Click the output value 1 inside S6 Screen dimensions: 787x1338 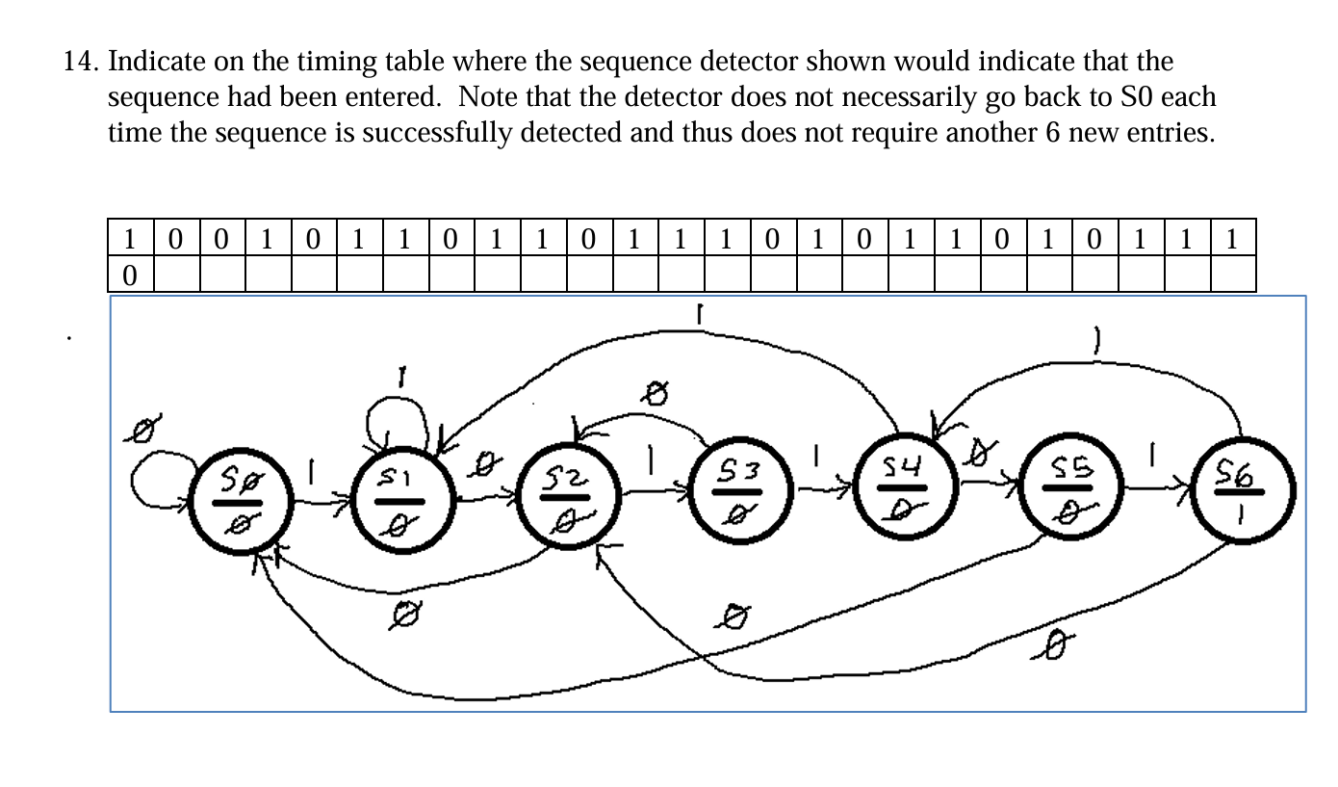click(1242, 517)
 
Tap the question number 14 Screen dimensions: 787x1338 click(80, 63)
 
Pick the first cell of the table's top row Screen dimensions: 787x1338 click(130, 237)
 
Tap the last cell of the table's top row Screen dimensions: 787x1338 click(1232, 237)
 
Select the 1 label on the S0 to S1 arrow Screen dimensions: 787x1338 click(312, 469)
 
